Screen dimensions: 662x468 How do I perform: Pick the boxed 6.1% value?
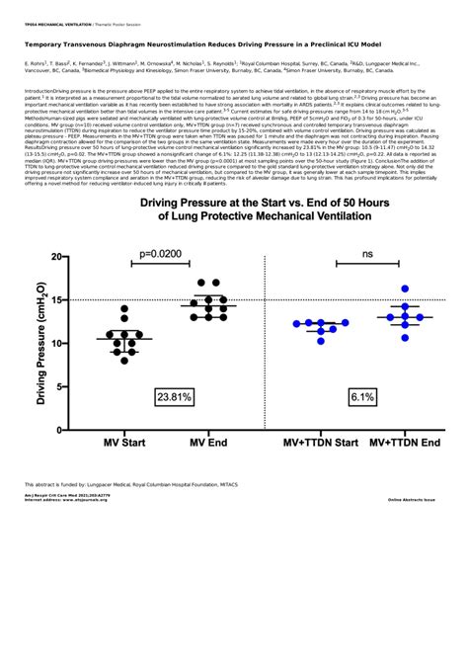pos(359,396)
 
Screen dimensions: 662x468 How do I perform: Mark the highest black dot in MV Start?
pos(124,309)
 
